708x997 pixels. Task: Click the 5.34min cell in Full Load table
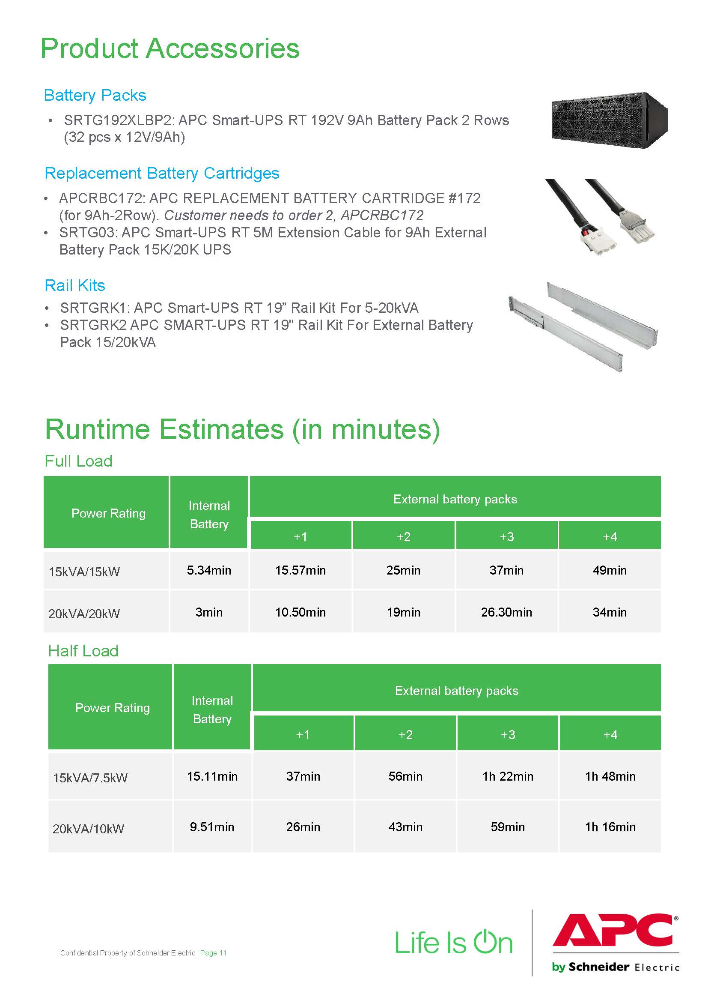point(209,570)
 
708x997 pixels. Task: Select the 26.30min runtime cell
point(506,612)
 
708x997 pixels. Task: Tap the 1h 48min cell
point(610,776)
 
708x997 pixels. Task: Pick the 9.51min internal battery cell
point(212,827)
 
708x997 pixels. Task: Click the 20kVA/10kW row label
point(89,829)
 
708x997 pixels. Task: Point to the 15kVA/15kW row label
point(84,572)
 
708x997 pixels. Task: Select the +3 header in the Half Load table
point(508,735)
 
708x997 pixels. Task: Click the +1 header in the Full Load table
point(300,537)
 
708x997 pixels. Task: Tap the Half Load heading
point(83,651)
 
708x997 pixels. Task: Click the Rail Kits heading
point(75,285)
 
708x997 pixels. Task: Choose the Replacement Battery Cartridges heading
point(162,173)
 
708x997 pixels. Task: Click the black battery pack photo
point(609,120)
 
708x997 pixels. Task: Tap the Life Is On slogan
point(453,942)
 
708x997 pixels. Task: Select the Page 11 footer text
point(213,953)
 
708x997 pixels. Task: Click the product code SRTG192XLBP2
point(117,120)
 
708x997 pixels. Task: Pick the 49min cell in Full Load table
point(610,570)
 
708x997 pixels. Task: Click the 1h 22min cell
point(508,776)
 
